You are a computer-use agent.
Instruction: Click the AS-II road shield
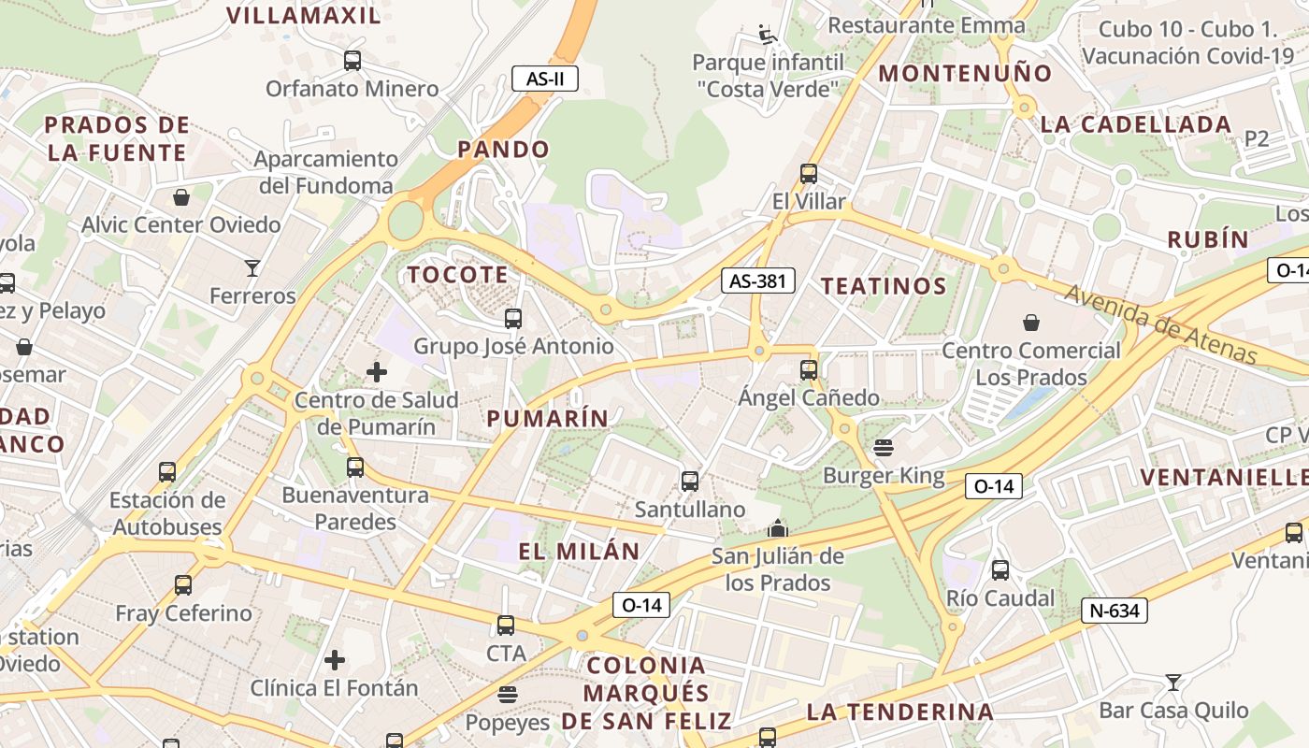[545, 79]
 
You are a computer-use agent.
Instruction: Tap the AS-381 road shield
[757, 280]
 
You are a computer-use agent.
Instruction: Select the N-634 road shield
[1115, 611]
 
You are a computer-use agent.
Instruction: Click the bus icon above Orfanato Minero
[352, 61]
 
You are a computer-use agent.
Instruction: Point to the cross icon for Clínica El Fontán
[334, 660]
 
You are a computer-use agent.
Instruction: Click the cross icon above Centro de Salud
[376, 372]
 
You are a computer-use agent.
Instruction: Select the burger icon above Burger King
[884, 448]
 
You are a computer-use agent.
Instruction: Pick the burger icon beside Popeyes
[508, 695]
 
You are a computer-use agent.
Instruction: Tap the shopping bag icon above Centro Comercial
[1030, 323]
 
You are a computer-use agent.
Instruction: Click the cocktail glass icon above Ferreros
[252, 268]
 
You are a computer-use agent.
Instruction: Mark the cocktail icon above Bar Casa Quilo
[1173, 683]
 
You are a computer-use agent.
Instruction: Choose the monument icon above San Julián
[777, 529]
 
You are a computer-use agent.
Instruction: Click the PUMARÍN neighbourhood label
[548, 418]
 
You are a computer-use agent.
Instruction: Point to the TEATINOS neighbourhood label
[884, 286]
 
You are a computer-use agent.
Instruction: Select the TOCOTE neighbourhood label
[458, 275]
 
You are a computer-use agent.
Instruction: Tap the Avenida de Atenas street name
[1162, 324]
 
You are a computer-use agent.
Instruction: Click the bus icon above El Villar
[809, 174]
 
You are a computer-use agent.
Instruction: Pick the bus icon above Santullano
[690, 482]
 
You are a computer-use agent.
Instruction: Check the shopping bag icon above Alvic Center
[181, 197]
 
